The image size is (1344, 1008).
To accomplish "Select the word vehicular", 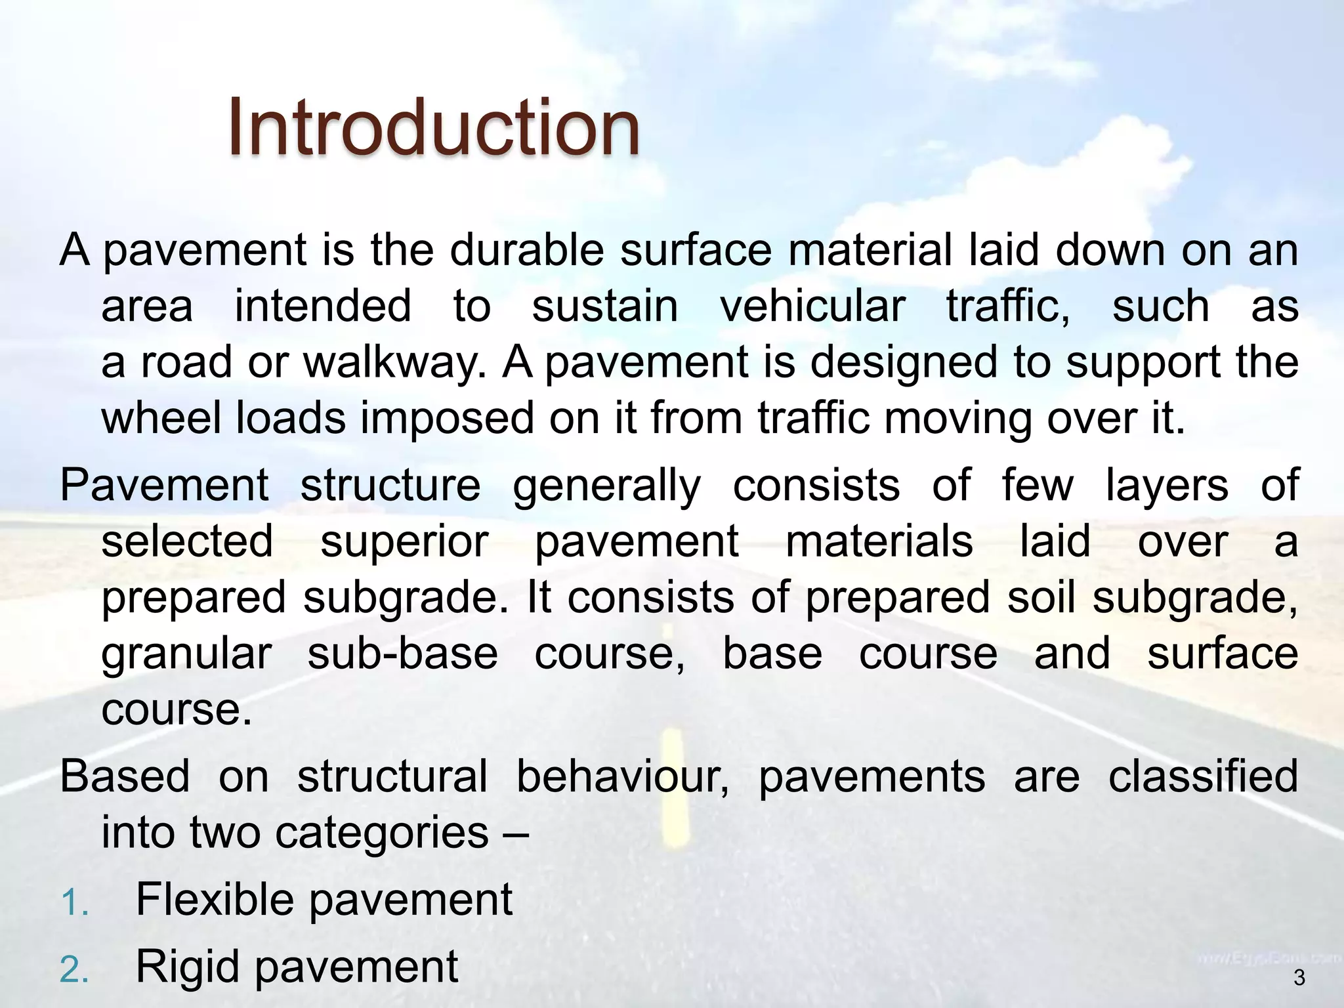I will tap(812, 306).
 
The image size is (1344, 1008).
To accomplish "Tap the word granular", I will tap(186, 655).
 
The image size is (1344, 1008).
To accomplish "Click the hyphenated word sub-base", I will tap(402, 654).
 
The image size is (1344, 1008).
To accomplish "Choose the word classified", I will tap(1203, 776).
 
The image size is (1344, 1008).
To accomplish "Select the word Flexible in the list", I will tap(215, 900).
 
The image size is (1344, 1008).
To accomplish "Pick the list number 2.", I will tap(73, 970).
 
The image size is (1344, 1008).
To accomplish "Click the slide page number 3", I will tap(1299, 978).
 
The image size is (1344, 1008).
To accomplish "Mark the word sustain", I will tap(604, 306).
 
